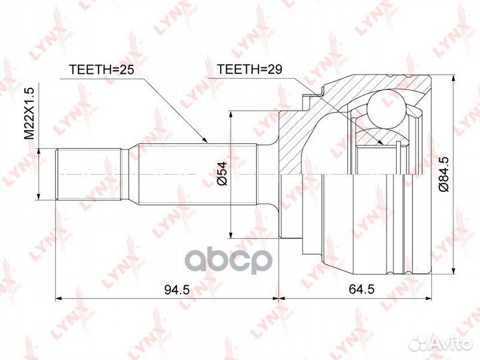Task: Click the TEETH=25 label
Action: pyautogui.click(x=101, y=70)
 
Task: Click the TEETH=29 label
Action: pyautogui.click(x=249, y=69)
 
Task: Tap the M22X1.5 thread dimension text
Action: pyautogui.click(x=30, y=113)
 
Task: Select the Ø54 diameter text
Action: pyautogui.click(x=221, y=173)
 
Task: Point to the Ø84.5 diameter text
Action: pyautogui.click(x=444, y=174)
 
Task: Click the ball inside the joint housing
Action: pyautogui.click(x=387, y=109)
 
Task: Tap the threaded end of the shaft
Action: pyautogui.click(x=88, y=174)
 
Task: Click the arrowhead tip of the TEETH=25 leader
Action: pyautogui.click(x=208, y=143)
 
